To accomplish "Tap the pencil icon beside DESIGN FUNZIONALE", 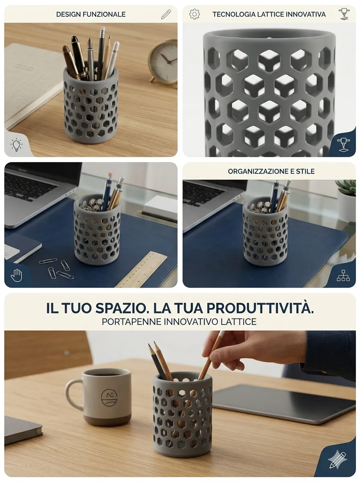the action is click(x=166, y=14).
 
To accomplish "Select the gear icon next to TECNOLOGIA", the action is click(x=194, y=14).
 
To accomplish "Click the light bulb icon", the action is click(x=16, y=145).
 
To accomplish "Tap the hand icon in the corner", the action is click(x=16, y=275).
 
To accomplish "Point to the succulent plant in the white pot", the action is click(x=347, y=187).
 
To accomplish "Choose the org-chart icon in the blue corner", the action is click(x=343, y=276).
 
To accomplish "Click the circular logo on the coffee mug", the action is click(x=109, y=397).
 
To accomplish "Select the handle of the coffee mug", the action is click(x=74, y=394).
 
